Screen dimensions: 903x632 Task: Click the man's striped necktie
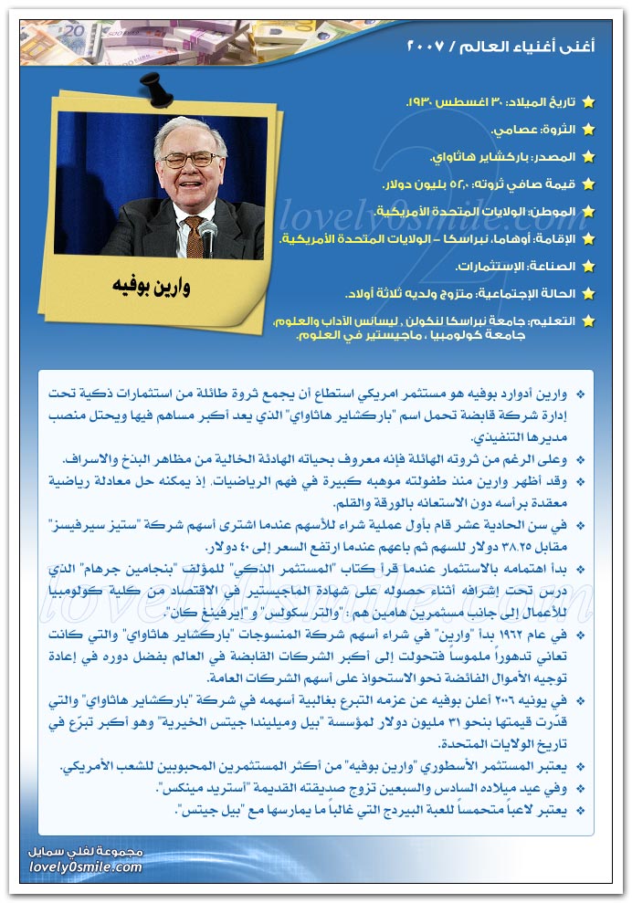[194, 234]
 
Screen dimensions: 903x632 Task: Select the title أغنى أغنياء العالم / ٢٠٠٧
[500, 45]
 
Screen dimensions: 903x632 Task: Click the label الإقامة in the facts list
[559, 239]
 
